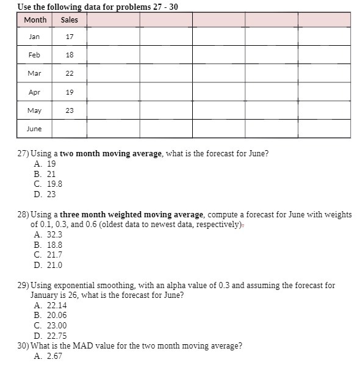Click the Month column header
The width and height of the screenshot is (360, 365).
(35, 20)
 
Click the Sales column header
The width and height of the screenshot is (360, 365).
(69, 20)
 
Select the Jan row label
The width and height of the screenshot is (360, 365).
(34, 37)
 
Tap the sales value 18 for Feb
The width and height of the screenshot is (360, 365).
(69, 55)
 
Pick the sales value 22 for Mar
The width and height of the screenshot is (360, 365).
(69, 73)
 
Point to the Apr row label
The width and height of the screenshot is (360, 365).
(34, 92)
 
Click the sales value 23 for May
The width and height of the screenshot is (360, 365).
(69, 110)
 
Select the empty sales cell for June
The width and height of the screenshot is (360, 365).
(69, 129)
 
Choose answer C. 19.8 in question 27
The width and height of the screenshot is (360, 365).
(48, 184)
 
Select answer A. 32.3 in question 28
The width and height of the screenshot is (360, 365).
(48, 234)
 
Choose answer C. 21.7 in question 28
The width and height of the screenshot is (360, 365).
(48, 255)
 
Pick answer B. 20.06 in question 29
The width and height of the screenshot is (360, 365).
(50, 316)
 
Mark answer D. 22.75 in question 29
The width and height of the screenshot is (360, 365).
(50, 336)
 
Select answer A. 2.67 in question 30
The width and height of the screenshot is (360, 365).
(48, 356)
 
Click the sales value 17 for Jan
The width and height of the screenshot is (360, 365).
(69, 37)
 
